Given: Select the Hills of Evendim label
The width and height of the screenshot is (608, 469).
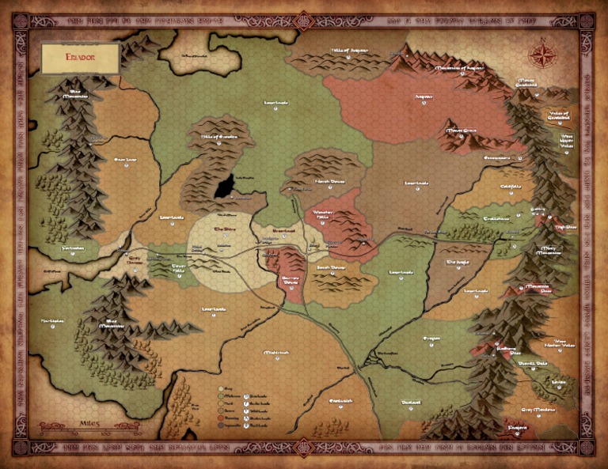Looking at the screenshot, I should click(209, 135).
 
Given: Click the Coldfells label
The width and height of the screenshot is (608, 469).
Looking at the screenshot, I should click(511, 187).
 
